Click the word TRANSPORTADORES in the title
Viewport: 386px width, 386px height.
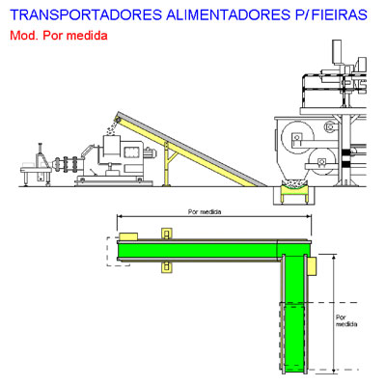pos(86,14)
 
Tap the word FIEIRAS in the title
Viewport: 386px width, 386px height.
pos(341,14)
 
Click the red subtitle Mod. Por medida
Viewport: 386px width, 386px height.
pos(59,35)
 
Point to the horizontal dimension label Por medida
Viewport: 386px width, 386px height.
pos(205,211)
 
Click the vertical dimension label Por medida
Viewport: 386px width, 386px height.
pos(346,320)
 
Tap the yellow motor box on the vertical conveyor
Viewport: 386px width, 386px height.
pos(312,265)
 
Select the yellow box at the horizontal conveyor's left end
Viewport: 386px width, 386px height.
pos(128,236)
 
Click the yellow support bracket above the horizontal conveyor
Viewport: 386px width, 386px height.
pos(166,234)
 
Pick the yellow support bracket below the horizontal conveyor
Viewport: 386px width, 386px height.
pos(166,267)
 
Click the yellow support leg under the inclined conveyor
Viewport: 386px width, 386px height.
pos(167,164)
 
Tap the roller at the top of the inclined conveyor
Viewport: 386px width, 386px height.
pos(118,120)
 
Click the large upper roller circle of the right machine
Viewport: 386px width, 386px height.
pos(297,137)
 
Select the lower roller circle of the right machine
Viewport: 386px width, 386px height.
pos(321,162)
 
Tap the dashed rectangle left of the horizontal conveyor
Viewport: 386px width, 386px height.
pos(118,252)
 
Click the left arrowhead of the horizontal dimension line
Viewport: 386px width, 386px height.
pos(120,216)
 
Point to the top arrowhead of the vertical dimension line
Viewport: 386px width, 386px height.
pos(334,257)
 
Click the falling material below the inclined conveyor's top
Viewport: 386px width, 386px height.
pos(112,128)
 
